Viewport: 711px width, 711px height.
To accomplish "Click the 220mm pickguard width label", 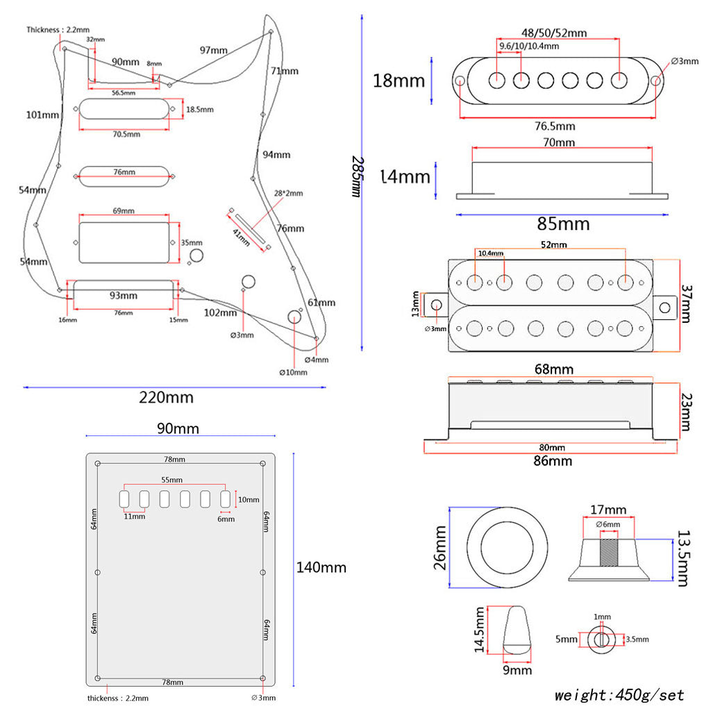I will [x=166, y=398].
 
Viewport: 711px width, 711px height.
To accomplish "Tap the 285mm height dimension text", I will [x=357, y=176].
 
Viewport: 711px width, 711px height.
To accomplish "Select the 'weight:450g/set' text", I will [x=619, y=695].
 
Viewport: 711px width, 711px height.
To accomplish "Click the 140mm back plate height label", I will [x=321, y=567].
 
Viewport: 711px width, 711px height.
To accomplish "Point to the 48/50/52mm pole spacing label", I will [x=553, y=33].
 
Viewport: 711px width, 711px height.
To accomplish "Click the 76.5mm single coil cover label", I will [x=555, y=126].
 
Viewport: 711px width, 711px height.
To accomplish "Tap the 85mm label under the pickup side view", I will [x=563, y=224].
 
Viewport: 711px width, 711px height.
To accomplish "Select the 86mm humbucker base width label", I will [x=553, y=460].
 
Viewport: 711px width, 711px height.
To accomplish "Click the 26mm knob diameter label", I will [x=440, y=548].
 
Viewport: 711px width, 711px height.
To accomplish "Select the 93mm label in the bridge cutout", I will [x=124, y=296].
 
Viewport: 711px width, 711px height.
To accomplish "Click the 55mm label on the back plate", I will [x=172, y=480].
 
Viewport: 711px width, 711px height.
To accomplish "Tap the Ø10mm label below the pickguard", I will [x=293, y=372].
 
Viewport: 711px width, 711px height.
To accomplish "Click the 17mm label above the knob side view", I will [x=608, y=510].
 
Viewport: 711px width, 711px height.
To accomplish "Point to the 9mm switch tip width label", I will [x=517, y=670].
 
